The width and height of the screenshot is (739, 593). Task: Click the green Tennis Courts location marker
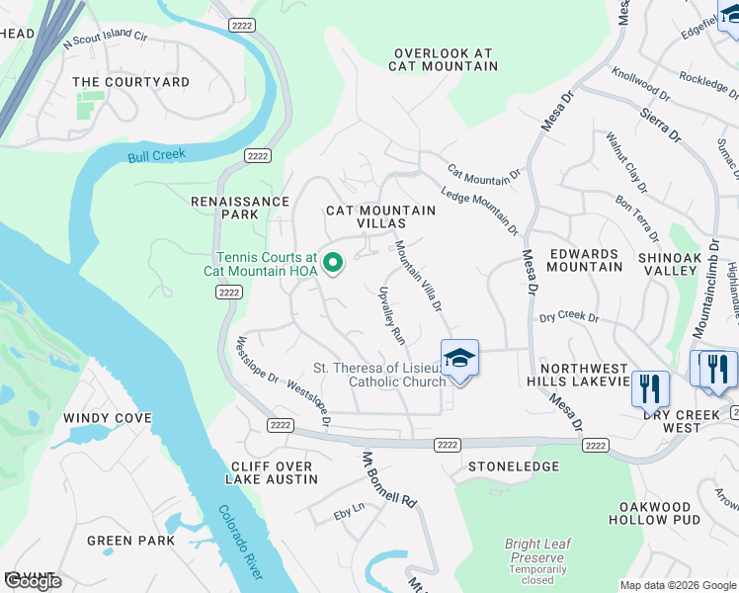pos(334,262)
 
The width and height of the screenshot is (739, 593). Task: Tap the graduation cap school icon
pos(459,357)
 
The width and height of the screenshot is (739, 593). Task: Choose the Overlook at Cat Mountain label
pos(443,59)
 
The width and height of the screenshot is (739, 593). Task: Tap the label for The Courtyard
pos(131,82)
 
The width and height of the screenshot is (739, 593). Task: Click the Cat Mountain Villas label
pos(381,217)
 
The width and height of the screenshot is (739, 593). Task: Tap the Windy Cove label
pos(108,418)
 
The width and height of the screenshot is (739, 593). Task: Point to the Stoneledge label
pos(514,466)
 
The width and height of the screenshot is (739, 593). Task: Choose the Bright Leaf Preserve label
pos(537,551)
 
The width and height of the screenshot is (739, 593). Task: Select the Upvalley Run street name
pos(392,315)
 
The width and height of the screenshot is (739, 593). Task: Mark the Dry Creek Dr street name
pos(569,318)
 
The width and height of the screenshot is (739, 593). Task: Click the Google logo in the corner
pos(33,581)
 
